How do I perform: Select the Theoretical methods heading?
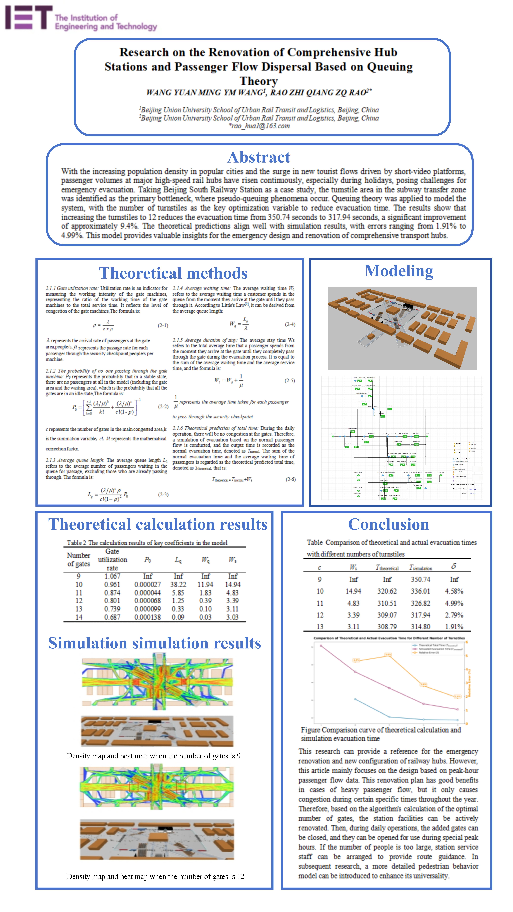173,273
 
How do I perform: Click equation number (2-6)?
290,479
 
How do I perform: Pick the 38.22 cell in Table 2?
178,584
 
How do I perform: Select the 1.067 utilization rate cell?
112,576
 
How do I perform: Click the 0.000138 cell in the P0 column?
147,617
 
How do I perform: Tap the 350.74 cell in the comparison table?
420,579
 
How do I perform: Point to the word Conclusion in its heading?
388,524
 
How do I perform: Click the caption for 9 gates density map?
153,756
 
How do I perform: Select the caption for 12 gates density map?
155,876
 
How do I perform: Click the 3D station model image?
402,328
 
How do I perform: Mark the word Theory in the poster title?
259,81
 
